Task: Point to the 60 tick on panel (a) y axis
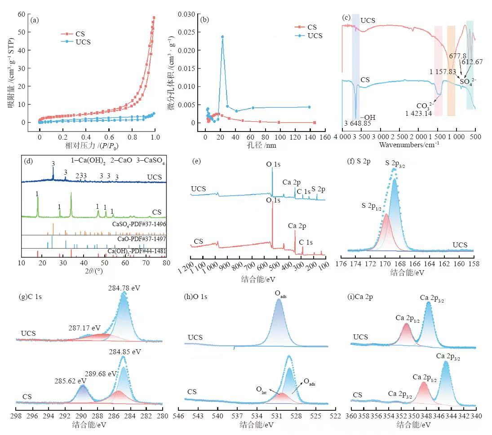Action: coord(22,14)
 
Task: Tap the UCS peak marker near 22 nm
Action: coord(222,37)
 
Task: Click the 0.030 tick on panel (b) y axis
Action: coord(188,14)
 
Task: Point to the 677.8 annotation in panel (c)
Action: coord(458,55)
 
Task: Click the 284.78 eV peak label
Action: coord(124,288)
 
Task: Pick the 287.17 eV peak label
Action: coord(84,328)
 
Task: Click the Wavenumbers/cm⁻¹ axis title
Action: coord(409,145)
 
